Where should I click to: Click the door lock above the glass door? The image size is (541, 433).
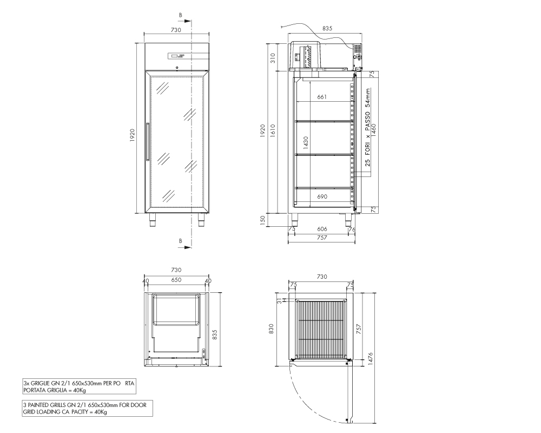(x=177, y=68)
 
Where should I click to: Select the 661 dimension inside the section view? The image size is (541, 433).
(x=322, y=97)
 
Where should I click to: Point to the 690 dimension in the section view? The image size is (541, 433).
(x=322, y=197)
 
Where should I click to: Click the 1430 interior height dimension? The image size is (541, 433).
(x=306, y=142)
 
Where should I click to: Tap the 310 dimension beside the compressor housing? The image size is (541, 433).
(x=273, y=57)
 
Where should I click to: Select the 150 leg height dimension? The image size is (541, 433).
(x=262, y=220)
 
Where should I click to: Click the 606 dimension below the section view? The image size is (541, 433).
(x=322, y=229)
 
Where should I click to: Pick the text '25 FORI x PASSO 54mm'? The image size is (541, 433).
(x=368, y=127)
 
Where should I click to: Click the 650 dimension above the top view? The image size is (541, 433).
(x=176, y=280)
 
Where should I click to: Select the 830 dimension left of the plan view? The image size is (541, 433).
(x=271, y=329)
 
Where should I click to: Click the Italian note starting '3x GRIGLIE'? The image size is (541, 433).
(x=79, y=387)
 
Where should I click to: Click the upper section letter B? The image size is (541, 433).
(x=181, y=15)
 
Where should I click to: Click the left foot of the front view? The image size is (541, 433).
(x=153, y=220)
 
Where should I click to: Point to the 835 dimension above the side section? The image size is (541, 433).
(x=327, y=28)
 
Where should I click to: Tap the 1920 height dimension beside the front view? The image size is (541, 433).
(x=133, y=135)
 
